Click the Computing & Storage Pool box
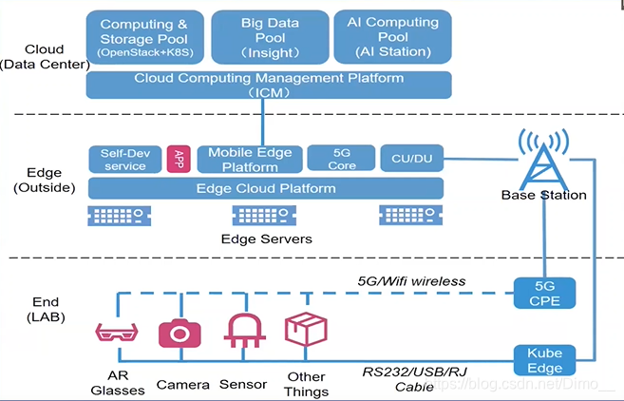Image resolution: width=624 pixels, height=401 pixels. (x=143, y=38)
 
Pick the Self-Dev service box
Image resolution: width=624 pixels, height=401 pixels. (x=124, y=159)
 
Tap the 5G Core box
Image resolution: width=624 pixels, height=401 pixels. (x=341, y=159)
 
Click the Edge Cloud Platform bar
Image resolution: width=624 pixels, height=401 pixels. (x=265, y=187)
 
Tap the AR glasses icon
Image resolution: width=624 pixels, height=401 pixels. (x=119, y=333)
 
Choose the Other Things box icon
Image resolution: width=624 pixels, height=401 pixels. (x=306, y=329)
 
